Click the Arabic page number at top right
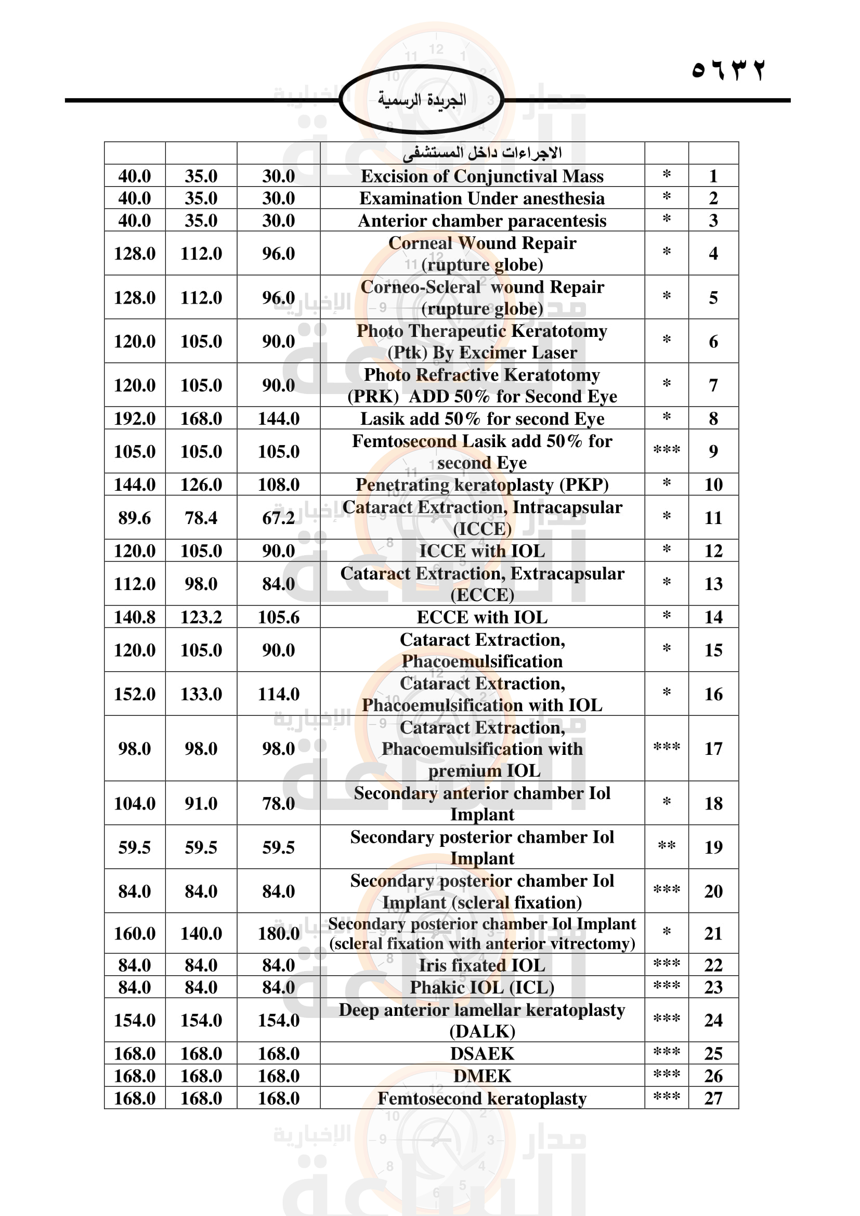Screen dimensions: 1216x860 pos(728,70)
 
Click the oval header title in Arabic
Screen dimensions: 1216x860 pos(422,100)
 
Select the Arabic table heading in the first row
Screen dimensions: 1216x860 pos(482,153)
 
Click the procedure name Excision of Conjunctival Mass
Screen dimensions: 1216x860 pos(482,176)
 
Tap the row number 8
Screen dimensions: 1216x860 pos(713,419)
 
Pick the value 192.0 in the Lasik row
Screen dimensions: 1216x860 pos(135,419)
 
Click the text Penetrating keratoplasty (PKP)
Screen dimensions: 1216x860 pos(482,485)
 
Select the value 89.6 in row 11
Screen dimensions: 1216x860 pos(135,517)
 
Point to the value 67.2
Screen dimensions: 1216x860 pos(279,517)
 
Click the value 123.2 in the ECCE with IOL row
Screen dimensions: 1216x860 pos(201,617)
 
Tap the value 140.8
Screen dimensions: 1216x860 pos(135,617)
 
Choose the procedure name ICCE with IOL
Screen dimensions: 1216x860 pos(482,551)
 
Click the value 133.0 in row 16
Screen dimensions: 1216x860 pos(201,694)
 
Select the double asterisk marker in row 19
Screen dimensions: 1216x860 pos(666,846)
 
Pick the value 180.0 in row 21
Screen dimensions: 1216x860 pos(279,933)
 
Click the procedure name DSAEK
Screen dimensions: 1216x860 pos(482,1053)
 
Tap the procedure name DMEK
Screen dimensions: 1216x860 pos(482,1076)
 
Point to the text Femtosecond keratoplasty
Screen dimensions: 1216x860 pos(482,1099)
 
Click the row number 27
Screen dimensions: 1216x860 pos(713,1098)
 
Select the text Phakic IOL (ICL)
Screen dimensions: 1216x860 pos(482,987)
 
